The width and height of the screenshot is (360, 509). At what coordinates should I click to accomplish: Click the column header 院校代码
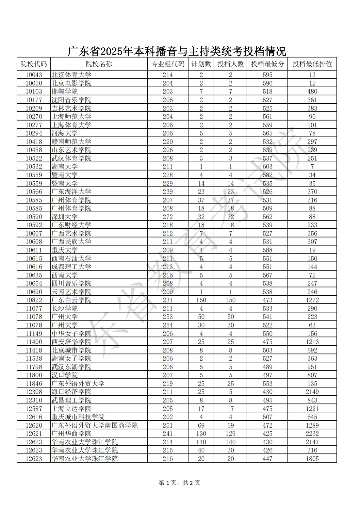click(x=34, y=64)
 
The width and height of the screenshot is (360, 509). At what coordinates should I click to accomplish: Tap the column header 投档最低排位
click(x=312, y=64)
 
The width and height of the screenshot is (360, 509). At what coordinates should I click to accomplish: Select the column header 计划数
click(x=201, y=64)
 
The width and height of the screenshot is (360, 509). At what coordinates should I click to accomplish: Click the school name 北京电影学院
click(x=71, y=83)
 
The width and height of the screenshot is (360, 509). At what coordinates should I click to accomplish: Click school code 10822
click(x=34, y=300)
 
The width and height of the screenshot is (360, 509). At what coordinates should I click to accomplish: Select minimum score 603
click(x=267, y=167)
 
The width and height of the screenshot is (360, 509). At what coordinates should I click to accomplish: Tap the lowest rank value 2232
click(x=312, y=434)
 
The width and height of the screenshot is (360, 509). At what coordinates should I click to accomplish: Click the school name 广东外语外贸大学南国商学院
click(x=94, y=425)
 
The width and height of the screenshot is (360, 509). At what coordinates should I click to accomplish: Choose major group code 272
click(x=168, y=217)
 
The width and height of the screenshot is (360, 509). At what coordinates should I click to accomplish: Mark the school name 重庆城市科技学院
click(x=78, y=417)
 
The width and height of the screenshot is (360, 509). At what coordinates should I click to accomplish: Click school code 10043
click(x=34, y=75)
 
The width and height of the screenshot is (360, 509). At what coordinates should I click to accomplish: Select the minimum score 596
click(x=267, y=83)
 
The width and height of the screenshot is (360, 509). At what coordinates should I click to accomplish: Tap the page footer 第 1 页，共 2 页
click(x=179, y=483)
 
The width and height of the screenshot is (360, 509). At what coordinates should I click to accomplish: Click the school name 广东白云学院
click(x=71, y=300)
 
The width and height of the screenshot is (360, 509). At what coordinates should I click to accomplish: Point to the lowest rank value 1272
click(x=312, y=300)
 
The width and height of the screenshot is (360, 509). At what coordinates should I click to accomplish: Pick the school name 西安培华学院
click(x=71, y=342)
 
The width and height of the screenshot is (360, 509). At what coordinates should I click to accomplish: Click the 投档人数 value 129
click(x=230, y=434)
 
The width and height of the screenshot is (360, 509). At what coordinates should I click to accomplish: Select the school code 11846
click(x=34, y=384)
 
